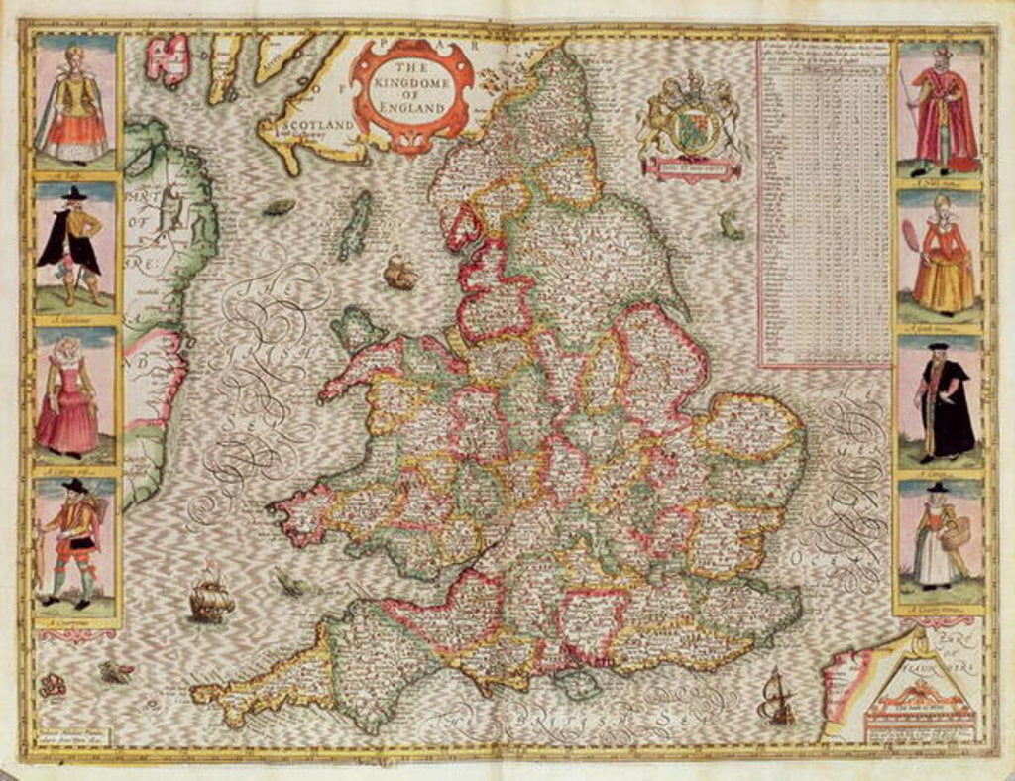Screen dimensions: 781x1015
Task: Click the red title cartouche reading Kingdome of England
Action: pyautogui.click(x=412, y=91)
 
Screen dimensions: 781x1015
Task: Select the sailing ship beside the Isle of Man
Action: pyautogui.click(x=400, y=271)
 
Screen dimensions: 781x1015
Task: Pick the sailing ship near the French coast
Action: pyautogui.click(x=776, y=699)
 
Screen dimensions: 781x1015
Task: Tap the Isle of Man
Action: pyautogui.click(x=355, y=226)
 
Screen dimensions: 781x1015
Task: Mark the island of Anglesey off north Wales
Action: pyautogui.click(x=357, y=328)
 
